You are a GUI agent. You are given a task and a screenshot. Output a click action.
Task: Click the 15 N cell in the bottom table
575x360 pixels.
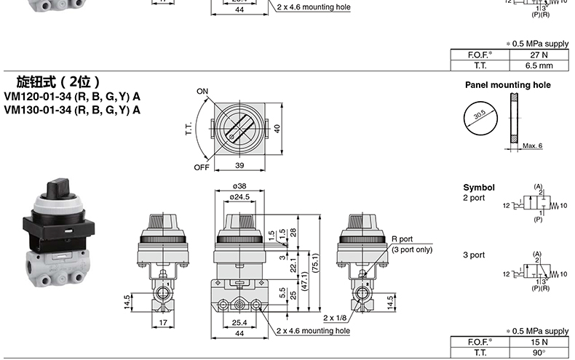click(539, 342)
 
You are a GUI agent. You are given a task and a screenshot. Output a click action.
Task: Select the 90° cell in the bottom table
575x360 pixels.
click(539, 353)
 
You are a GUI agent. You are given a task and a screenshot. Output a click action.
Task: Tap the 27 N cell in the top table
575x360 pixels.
click(539, 54)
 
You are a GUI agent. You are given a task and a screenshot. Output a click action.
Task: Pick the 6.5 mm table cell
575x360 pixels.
click(539, 65)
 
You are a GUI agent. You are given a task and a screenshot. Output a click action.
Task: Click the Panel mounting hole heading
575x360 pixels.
click(507, 85)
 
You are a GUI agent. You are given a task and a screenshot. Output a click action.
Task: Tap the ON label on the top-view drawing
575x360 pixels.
click(202, 91)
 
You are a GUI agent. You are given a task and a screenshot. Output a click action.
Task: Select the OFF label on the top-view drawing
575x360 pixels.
click(202, 167)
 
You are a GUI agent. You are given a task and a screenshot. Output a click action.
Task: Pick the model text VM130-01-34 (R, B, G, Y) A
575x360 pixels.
click(72, 110)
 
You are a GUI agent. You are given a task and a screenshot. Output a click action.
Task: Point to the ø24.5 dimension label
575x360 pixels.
click(241, 196)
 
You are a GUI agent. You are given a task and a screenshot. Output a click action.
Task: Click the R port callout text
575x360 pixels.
click(402, 239)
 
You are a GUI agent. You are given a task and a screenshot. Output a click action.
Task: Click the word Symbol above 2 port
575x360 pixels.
click(479, 187)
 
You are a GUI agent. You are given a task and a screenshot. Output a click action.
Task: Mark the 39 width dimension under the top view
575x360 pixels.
click(240, 167)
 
